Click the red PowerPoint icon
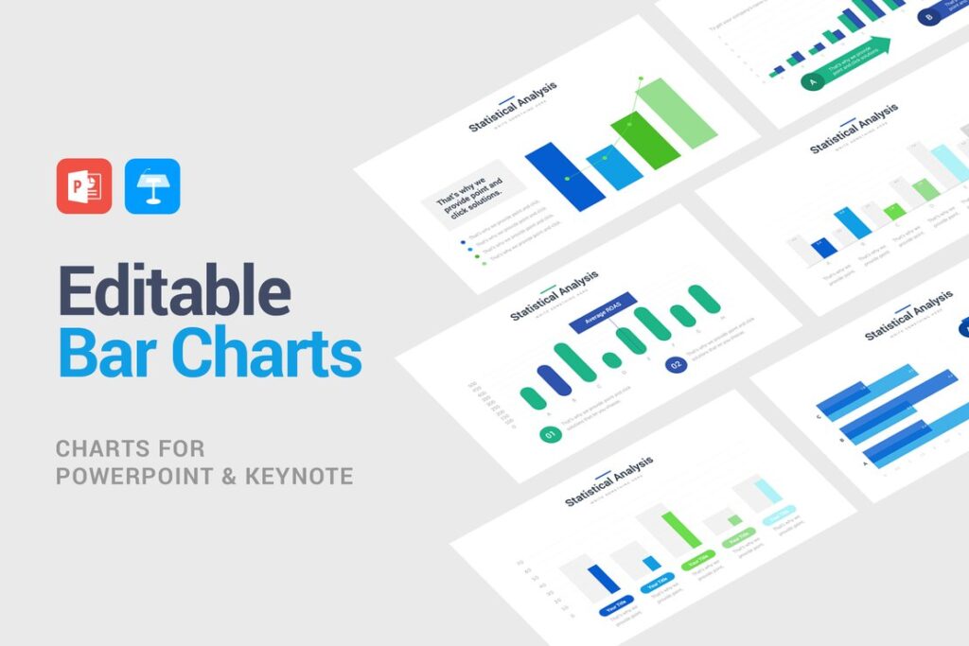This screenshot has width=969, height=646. point(84,185)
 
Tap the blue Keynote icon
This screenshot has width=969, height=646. point(152,185)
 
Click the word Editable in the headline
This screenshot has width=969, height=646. point(175,291)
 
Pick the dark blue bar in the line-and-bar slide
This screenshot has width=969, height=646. point(565,175)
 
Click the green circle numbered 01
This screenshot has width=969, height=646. point(550,434)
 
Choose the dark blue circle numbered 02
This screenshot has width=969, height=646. point(676,364)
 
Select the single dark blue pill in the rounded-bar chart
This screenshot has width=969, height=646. point(557,379)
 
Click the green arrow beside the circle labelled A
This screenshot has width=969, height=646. point(856,60)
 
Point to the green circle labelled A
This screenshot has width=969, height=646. point(811,82)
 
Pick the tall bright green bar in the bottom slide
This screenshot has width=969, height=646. point(681,530)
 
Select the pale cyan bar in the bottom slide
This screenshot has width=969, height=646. point(767,490)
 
